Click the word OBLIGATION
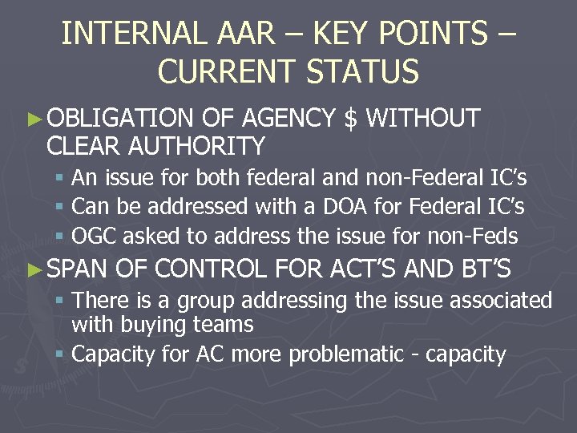pyautogui.click(x=120, y=119)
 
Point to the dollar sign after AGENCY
pyautogui.click(x=350, y=119)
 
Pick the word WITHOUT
pyautogui.click(x=422, y=119)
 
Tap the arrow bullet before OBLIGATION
pyautogui.click(x=33, y=119)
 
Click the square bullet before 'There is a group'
pyautogui.click(x=61, y=301)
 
